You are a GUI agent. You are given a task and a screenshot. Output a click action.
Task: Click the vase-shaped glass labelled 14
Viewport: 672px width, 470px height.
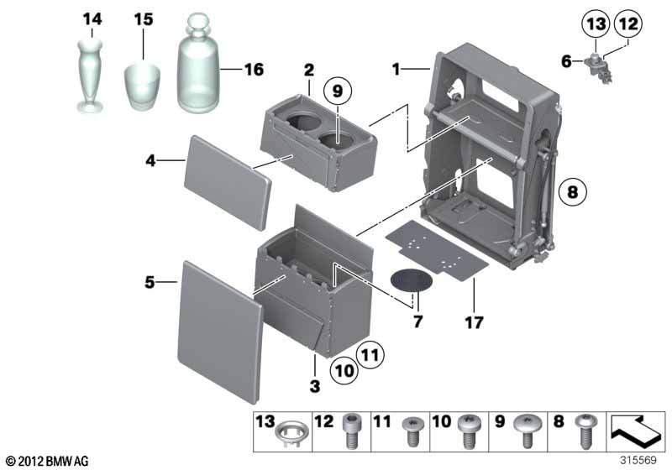point(90,76)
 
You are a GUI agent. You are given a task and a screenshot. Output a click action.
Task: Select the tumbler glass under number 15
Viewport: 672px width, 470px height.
point(142,87)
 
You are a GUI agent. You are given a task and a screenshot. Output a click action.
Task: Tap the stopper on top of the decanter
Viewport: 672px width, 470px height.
point(199,28)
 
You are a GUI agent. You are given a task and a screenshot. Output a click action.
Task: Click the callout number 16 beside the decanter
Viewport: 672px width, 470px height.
point(254,70)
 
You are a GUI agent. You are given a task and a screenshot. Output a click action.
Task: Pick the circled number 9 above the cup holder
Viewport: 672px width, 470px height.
point(338,91)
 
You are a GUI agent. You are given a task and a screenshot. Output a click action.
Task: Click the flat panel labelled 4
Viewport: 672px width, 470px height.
point(228,183)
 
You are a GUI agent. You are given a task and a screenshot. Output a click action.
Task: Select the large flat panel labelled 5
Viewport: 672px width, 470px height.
point(219,332)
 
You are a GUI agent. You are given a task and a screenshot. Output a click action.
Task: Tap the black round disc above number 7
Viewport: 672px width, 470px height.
point(411,280)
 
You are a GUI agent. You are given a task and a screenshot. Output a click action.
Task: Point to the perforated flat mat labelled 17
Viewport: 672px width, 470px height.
point(436,250)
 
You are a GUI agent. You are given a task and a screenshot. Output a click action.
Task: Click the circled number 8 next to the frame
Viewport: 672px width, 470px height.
point(573,191)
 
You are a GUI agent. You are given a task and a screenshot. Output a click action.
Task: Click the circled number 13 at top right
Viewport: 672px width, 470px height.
point(596,24)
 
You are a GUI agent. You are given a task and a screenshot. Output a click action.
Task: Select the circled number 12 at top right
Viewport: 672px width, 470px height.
point(628,24)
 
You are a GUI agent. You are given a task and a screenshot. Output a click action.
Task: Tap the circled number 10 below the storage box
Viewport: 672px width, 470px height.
point(344,370)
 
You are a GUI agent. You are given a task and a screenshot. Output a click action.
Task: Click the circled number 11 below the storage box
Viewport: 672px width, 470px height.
point(370,354)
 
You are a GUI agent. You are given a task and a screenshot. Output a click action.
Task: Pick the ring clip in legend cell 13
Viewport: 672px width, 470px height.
point(291,434)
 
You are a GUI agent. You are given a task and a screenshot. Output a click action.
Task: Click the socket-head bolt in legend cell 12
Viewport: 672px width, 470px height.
point(351,431)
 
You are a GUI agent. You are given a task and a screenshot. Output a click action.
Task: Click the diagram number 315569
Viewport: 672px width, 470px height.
point(638,460)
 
